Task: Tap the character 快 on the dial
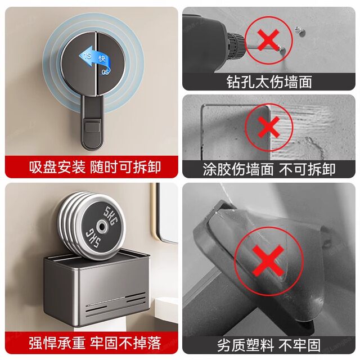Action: click(x=102, y=58)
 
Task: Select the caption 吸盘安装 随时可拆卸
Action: click(x=91, y=168)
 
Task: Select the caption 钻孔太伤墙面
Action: click(x=269, y=82)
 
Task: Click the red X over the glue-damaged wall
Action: click(x=269, y=128)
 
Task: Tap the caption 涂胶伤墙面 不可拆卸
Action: click(x=269, y=168)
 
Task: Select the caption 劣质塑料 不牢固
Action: click(x=269, y=344)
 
